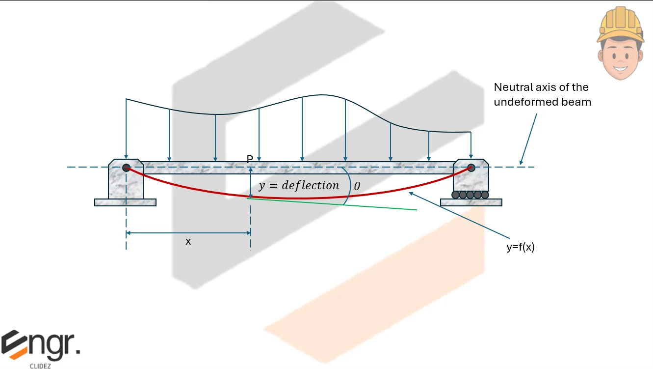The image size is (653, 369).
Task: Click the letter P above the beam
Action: tap(250, 159)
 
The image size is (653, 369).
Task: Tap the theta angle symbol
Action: tap(357, 186)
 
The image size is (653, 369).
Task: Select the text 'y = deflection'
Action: tap(299, 186)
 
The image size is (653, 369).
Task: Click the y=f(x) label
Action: tap(520, 248)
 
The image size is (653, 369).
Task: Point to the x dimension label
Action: tap(188, 241)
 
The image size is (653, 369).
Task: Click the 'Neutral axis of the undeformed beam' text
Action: tap(542, 94)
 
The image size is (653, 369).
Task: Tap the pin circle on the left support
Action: tap(126, 168)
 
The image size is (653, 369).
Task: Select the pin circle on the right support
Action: tap(471, 168)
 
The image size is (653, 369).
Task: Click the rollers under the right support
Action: tap(470, 195)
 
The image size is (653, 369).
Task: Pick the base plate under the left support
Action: tap(125, 202)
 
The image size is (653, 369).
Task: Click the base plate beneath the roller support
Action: tap(471, 202)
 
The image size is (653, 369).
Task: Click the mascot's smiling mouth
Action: tap(620, 67)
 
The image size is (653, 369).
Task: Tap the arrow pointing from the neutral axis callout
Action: tap(529, 138)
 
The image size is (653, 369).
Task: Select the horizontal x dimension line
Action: tap(188, 232)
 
